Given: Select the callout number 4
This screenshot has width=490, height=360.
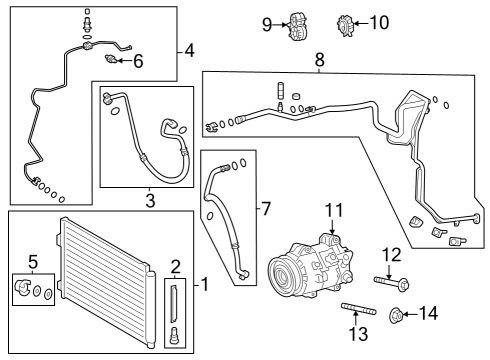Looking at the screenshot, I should click(x=190, y=49).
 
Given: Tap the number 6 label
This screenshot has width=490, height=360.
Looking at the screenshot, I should click(x=138, y=62).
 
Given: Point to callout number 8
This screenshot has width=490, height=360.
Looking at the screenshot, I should click(x=319, y=61).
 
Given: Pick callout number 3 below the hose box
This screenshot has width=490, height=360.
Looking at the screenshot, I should click(x=150, y=201).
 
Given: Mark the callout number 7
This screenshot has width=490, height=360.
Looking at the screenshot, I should click(x=265, y=209).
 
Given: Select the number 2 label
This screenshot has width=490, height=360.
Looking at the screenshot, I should click(x=175, y=266).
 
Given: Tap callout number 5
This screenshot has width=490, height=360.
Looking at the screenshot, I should click(x=33, y=263).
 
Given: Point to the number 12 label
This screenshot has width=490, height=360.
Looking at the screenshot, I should click(x=391, y=255).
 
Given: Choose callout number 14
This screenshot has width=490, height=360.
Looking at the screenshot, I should click(x=428, y=314).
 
